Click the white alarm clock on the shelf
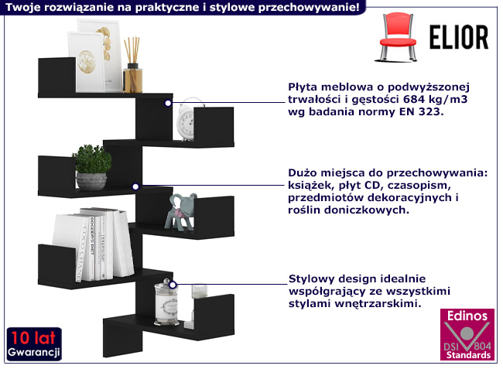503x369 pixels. click(187, 123)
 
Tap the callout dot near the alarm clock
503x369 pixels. click(168, 101)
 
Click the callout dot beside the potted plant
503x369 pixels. click(135, 186)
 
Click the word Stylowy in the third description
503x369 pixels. click(311, 278)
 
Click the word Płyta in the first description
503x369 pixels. click(304, 87)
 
